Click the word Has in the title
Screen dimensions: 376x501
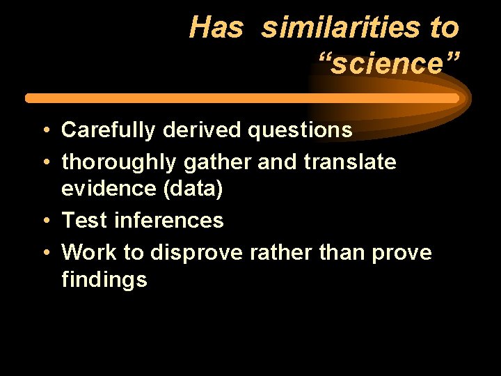[216, 29]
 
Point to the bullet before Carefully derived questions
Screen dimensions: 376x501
[45, 131]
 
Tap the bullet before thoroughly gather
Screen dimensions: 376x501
[45, 163]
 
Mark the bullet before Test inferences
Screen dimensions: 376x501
[45, 221]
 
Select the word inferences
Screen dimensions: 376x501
[168, 221]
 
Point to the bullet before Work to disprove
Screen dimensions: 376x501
[45, 253]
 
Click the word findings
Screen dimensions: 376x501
[104, 281]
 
